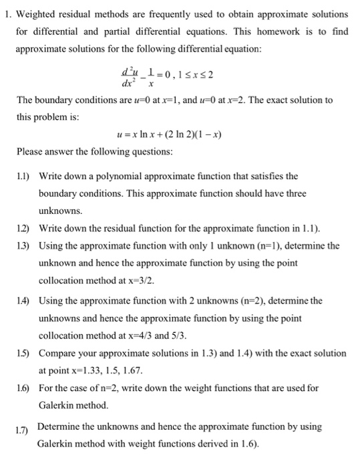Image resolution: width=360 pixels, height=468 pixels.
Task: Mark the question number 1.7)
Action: point(25,429)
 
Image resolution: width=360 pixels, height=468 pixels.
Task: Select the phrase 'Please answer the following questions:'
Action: point(94,152)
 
